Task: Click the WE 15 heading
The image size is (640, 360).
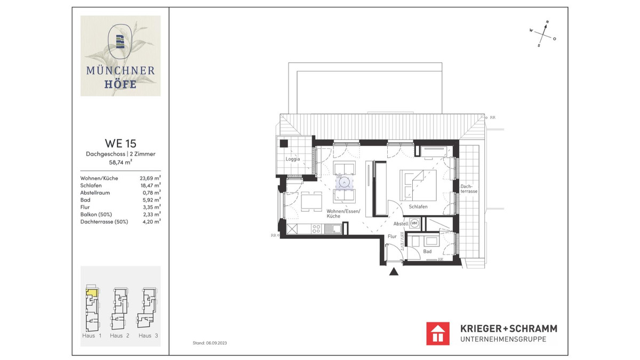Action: click(x=121, y=143)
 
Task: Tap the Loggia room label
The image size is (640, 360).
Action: click(x=293, y=159)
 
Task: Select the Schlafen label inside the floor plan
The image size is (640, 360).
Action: click(x=419, y=206)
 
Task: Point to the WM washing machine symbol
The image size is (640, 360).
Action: click(x=415, y=223)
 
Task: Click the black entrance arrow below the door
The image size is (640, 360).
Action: click(x=394, y=272)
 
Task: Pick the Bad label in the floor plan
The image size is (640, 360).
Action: click(x=428, y=251)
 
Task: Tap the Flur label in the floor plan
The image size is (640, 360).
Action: click(x=392, y=236)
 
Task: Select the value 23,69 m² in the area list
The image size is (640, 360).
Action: click(x=150, y=178)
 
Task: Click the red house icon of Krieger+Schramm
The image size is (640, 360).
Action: click(x=438, y=333)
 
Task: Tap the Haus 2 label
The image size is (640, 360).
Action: click(x=119, y=335)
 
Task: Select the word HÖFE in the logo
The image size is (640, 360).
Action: click(x=121, y=84)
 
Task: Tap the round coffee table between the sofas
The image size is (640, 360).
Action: click(x=345, y=182)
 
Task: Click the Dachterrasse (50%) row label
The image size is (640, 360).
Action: click(x=104, y=221)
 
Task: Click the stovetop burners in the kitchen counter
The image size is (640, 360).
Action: click(x=316, y=230)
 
